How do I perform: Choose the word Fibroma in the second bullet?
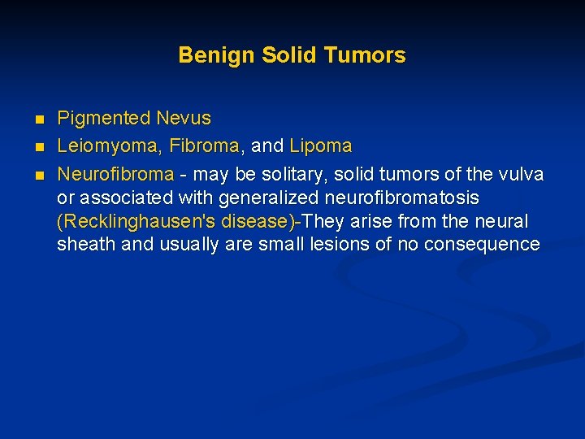click(x=204, y=146)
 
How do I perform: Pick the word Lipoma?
click(x=320, y=146)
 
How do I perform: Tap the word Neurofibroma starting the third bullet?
click(x=115, y=174)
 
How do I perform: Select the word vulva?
click(x=520, y=174)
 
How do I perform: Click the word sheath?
click(x=86, y=245)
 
